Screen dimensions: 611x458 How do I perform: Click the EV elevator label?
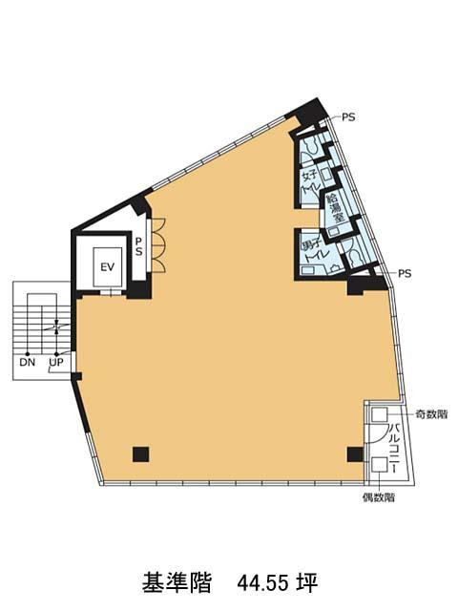(107, 267)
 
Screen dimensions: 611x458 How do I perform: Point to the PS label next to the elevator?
(138, 247)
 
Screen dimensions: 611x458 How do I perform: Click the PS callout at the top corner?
(348, 117)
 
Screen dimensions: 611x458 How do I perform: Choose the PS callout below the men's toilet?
(405, 274)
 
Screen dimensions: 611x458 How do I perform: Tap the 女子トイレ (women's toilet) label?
(309, 184)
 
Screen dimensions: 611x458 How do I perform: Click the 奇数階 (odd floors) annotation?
(431, 414)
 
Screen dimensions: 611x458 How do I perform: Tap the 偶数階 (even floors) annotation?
(381, 498)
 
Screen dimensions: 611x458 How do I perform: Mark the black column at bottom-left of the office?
(140, 453)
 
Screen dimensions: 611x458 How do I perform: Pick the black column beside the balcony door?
(354, 453)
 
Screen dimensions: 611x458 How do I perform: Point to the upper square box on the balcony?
(379, 414)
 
